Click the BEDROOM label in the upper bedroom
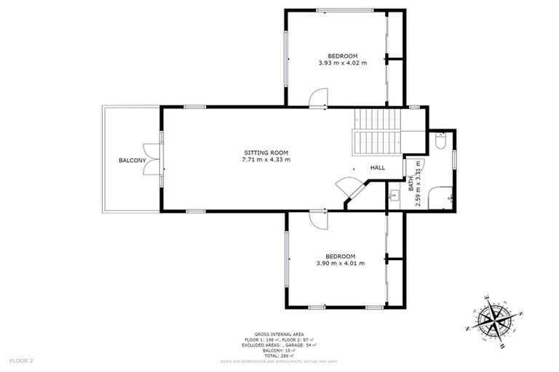click(x=342, y=56)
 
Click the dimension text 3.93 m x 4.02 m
click(x=342, y=63)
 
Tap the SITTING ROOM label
click(x=266, y=152)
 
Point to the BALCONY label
click(x=133, y=160)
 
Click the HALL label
click(x=378, y=168)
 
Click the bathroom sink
click(x=394, y=195)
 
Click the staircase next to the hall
click(x=377, y=131)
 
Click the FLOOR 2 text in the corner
click(x=21, y=360)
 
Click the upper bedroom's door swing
click(x=319, y=99)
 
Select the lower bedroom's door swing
click(x=319, y=220)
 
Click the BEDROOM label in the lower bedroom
click(x=340, y=256)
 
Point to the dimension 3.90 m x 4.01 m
click(x=340, y=263)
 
